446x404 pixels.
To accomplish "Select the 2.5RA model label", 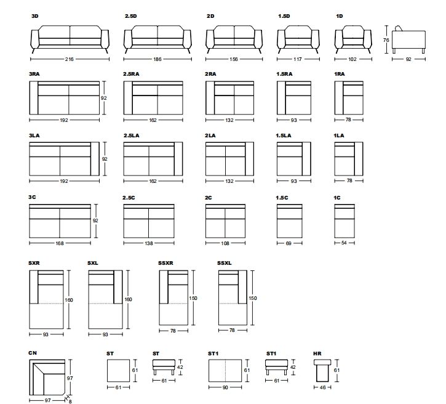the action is (x=131, y=74).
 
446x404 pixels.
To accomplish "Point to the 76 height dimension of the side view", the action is (x=385, y=40).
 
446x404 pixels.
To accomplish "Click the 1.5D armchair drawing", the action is (x=297, y=40).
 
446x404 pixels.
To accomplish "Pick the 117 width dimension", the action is (x=297, y=59).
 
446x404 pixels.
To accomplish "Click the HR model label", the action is (x=317, y=353).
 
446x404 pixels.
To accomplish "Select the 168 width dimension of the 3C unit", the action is (x=59, y=244).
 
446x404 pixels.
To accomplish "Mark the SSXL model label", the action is (x=225, y=263).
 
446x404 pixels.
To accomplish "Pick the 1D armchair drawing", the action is (x=352, y=40).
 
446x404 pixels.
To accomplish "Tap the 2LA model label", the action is (x=210, y=135).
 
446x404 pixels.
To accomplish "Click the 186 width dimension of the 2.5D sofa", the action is (x=159, y=59).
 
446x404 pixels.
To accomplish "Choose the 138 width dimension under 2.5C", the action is (x=148, y=244).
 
